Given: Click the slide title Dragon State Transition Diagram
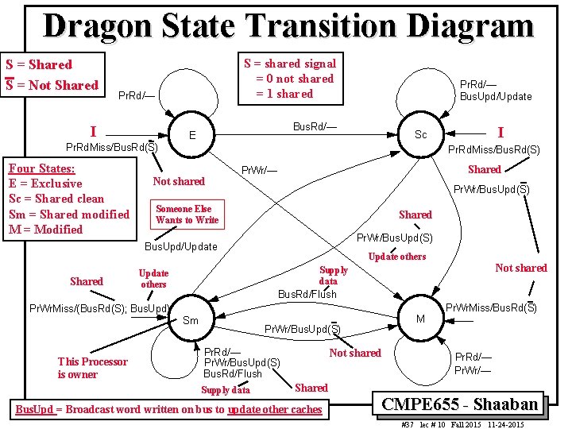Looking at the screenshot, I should pos(288,25).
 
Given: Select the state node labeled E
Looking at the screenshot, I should pos(191,136).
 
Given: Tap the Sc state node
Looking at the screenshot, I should pos(421,134).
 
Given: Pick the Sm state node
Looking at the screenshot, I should pos(191,320).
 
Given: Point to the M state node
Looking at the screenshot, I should pos(420,319).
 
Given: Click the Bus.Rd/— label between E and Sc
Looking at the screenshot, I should pos(315,126).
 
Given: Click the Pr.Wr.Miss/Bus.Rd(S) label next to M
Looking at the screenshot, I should pos(491,307).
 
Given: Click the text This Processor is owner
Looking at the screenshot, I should pos(92,368).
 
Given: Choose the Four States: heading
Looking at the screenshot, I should pos(41,168).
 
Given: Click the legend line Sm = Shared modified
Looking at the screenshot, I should pos(68,214).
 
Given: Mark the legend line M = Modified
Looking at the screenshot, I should pos(45,229).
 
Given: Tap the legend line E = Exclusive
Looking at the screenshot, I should pos(45,184).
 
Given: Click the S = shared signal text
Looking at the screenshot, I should pos(289,64).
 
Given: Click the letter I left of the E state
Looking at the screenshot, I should pos(94,130).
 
